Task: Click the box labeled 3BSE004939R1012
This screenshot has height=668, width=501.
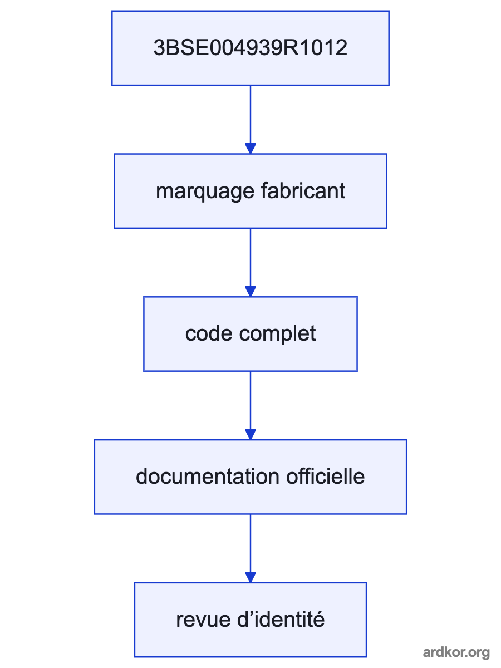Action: (250, 48)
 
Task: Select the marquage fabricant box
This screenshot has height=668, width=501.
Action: (250, 191)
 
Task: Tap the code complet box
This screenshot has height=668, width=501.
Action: (250, 334)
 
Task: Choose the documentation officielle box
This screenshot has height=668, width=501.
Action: (250, 477)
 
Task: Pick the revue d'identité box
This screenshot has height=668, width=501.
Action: (250, 620)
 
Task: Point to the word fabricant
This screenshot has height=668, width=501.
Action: (303, 191)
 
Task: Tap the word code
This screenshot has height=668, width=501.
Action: (209, 334)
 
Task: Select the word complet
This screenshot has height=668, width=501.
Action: (277, 335)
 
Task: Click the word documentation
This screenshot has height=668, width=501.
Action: (208, 477)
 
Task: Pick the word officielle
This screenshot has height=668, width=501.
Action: (325, 477)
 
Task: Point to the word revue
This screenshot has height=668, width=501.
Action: (203, 621)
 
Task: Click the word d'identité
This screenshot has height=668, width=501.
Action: (281, 620)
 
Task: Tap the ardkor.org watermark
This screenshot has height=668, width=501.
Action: (456, 652)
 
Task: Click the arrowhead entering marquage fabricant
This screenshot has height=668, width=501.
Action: (250, 149)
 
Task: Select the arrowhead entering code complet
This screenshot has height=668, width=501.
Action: (250, 291)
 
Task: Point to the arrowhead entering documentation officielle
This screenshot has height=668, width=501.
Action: (250, 434)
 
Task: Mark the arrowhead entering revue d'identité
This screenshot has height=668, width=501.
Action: (250, 577)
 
